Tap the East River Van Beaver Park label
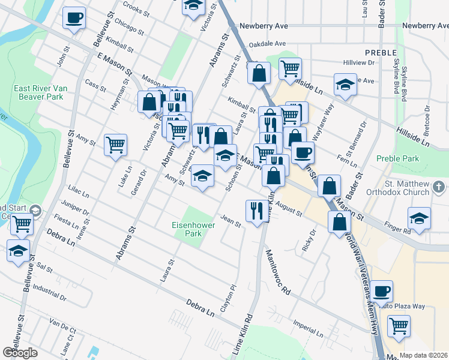point(38,92)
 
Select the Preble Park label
point(397,159)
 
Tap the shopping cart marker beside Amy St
point(115,145)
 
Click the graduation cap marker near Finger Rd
point(419,218)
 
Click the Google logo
point(20,352)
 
